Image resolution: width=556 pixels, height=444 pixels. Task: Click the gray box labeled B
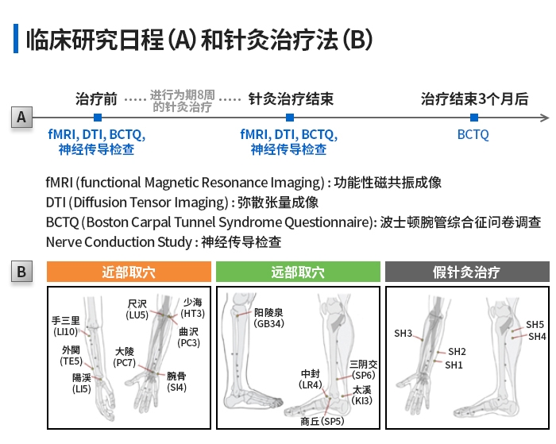[21, 272]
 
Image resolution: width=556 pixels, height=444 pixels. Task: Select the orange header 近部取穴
[129, 272]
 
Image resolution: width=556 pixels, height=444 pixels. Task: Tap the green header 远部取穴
[298, 272]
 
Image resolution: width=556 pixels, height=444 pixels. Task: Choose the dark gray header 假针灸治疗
[467, 272]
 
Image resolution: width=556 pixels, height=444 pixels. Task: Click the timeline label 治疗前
[96, 99]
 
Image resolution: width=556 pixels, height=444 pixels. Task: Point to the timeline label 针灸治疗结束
[291, 99]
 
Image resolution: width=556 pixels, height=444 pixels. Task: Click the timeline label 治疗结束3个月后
[474, 99]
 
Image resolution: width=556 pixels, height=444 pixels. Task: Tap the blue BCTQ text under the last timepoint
[473, 134]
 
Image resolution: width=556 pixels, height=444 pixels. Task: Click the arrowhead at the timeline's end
[544, 118]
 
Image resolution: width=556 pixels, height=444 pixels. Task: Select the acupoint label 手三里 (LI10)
[66, 326]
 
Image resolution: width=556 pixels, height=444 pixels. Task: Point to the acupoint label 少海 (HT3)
[193, 308]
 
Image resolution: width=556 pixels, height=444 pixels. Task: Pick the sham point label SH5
[535, 325]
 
